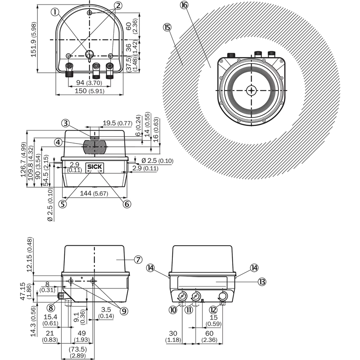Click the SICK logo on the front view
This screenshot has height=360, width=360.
coord(94,167)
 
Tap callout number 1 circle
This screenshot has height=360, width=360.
coord(55,12)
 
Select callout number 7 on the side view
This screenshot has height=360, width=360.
coord(138,260)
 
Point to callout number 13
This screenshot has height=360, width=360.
coord(262,282)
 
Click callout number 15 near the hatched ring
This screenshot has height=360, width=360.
coord(167,27)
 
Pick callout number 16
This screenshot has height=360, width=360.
coord(184,5)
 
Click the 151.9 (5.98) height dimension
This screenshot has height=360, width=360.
coord(34,40)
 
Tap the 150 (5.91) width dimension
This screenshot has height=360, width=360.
coord(90,91)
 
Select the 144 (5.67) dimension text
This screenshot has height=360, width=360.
coord(94,193)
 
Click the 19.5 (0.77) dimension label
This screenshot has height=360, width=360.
coord(117,123)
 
